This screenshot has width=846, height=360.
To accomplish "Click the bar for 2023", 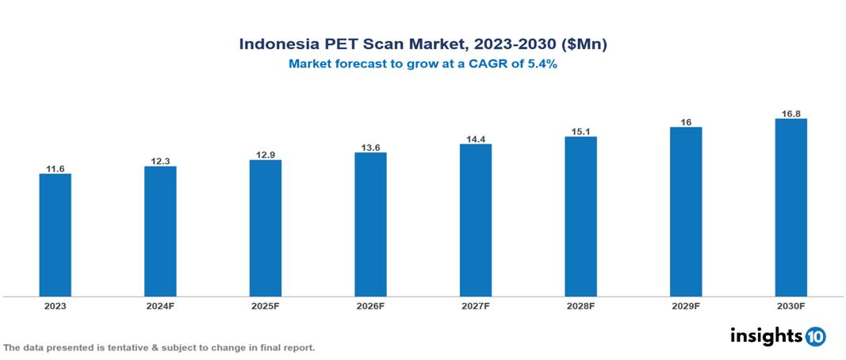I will pyautogui.click(x=55, y=235).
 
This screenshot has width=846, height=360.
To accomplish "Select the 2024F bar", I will pyautogui.click(x=160, y=231).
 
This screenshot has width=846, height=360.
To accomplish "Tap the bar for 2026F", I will pyautogui.click(x=370, y=224).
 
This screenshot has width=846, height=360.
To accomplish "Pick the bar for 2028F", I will pyautogui.click(x=580, y=216).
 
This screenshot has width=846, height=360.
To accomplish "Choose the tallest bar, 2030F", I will pyautogui.click(x=790, y=208).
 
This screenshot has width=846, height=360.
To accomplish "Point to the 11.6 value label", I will pyautogui.click(x=55, y=169).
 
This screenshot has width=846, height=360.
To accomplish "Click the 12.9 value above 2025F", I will pyautogui.click(x=265, y=155).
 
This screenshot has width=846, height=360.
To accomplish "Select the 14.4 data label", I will pyautogui.click(x=475, y=139).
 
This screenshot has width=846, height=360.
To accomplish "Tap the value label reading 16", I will pyautogui.click(x=686, y=122).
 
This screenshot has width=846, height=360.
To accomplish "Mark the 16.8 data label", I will pyautogui.click(x=790, y=113).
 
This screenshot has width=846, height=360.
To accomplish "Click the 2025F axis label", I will pyautogui.click(x=265, y=305).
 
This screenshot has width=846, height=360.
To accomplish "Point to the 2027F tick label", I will pyautogui.click(x=475, y=305).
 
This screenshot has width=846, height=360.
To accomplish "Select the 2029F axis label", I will pyautogui.click(x=686, y=305).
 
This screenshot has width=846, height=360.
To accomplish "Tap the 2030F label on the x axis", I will pyautogui.click(x=790, y=305).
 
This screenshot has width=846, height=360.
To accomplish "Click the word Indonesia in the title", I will pyautogui.click(x=278, y=44).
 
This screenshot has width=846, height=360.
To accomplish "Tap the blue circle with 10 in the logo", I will pyautogui.click(x=815, y=336).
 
